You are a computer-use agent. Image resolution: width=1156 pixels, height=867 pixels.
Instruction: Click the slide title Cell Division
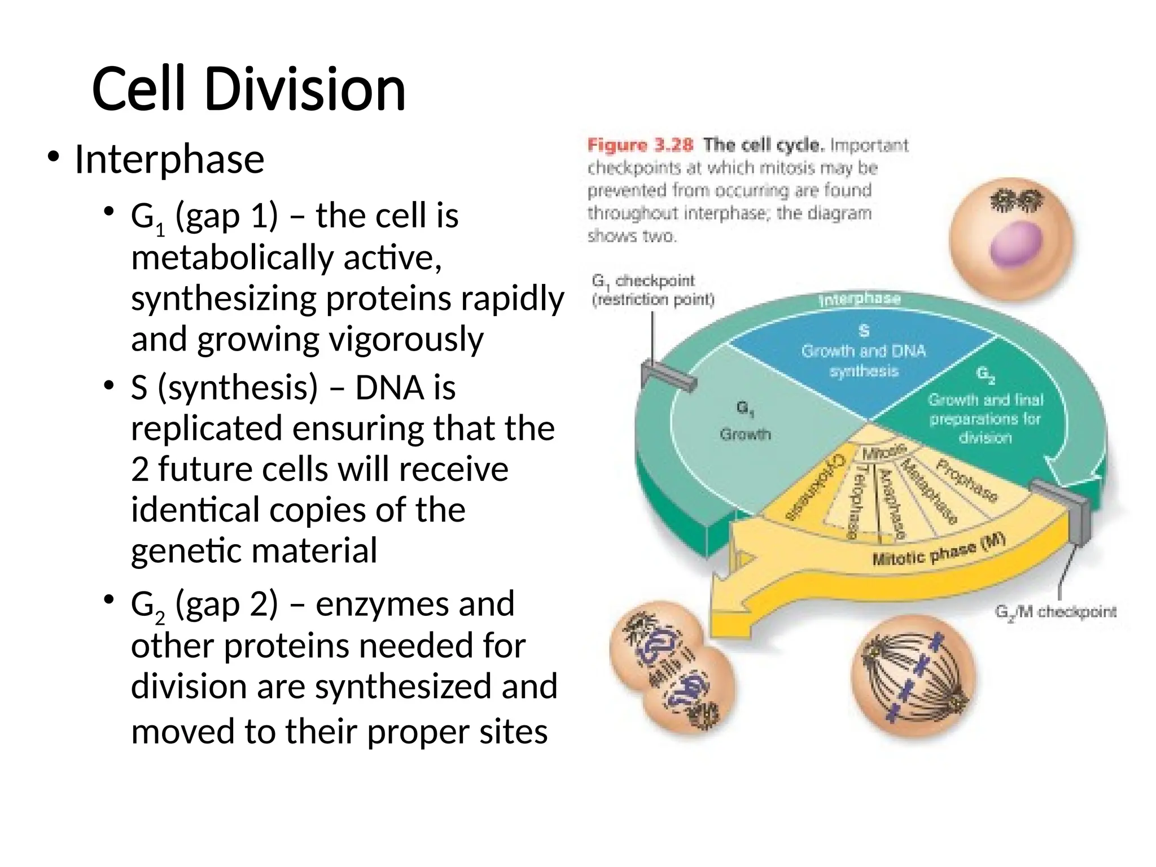pyautogui.click(x=248, y=89)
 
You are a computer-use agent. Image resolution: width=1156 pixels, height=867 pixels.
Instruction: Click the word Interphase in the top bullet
pyautogui.click(x=169, y=159)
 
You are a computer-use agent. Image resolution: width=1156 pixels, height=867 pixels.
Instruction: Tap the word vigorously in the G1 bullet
pyautogui.click(x=406, y=339)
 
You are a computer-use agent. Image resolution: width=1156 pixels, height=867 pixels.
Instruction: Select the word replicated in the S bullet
pyautogui.click(x=207, y=428)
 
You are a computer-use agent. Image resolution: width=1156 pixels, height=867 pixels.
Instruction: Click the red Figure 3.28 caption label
pyautogui.click(x=640, y=145)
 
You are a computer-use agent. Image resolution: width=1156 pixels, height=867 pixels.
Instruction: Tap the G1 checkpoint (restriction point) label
pyautogui.click(x=653, y=290)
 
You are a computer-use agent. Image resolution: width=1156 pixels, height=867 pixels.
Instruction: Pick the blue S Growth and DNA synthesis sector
pyautogui.click(x=864, y=361)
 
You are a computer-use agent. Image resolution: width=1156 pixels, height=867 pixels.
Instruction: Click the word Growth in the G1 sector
pyautogui.click(x=745, y=435)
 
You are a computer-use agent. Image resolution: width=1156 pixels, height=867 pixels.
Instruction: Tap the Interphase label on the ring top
pyautogui.click(x=859, y=299)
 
